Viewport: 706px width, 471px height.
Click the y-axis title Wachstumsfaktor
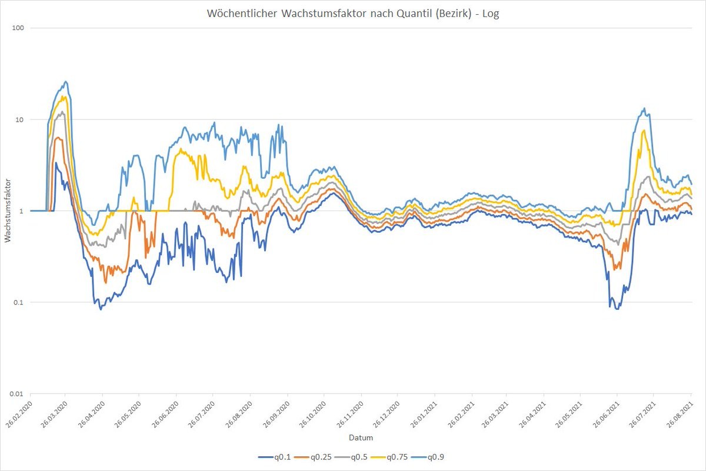[8, 211]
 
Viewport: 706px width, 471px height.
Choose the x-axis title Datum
[361, 438]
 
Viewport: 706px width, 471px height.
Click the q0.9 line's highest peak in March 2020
[66, 82]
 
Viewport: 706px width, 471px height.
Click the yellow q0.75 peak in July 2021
[644, 131]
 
